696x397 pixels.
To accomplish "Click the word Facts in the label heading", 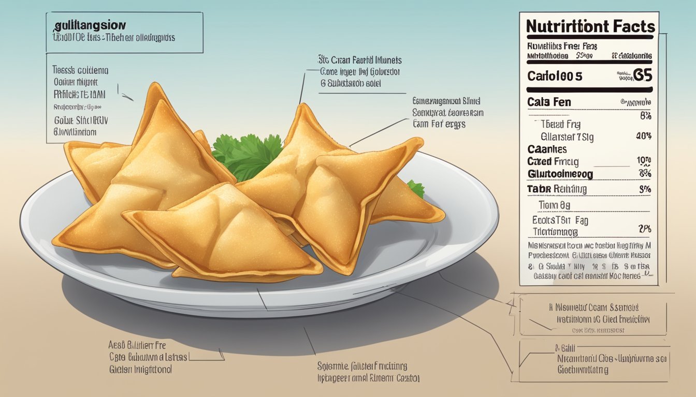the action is pos(627,26).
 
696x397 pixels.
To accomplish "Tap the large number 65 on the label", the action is pos(643,75).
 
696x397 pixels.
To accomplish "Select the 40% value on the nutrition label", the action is pos(643,136).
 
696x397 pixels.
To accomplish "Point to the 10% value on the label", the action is pos(644,161).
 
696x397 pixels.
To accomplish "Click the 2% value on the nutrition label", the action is pos(645,228).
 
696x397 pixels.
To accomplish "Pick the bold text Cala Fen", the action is pos(549,102).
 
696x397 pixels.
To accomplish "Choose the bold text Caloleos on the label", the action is pos(555,76).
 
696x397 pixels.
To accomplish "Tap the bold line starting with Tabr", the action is pos(557,189).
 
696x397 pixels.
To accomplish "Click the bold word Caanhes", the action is pos(547,149).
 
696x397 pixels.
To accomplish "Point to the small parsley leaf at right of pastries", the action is pos(416,188).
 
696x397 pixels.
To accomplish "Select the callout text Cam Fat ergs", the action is pos(439,124).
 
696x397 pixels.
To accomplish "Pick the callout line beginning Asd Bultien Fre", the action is pos(137,345).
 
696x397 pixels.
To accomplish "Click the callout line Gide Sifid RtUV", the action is pos(81,120).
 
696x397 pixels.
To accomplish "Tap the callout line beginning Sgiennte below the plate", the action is pos(362,366).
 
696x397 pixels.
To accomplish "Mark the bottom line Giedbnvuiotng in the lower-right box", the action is pos(583,370).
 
